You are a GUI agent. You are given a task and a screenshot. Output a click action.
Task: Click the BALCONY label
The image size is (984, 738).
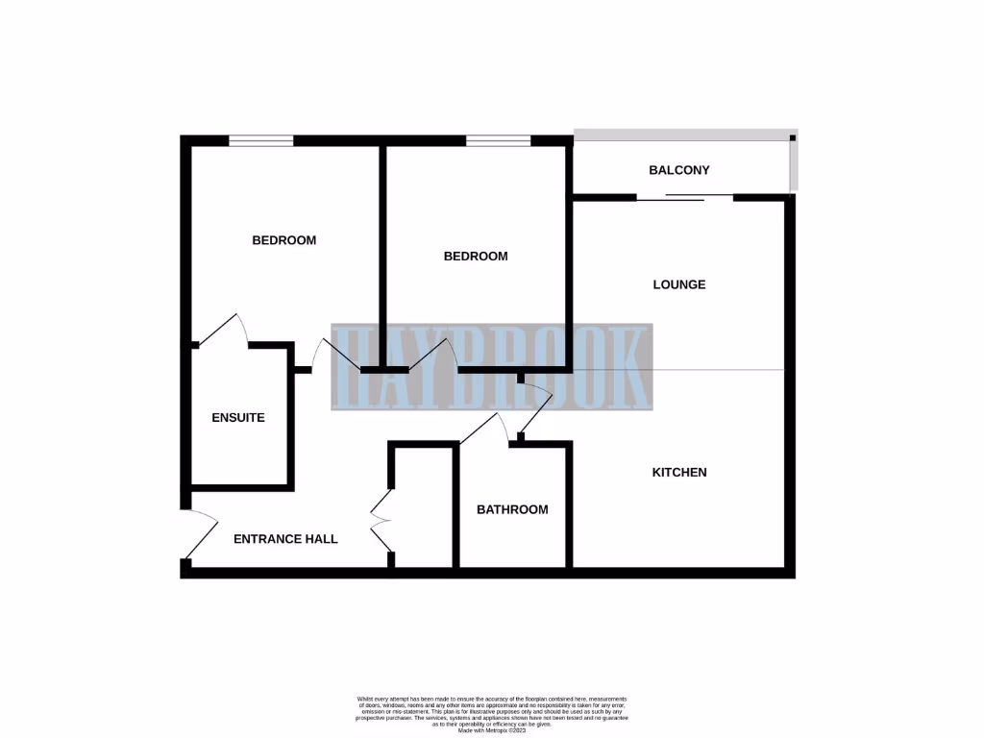pyautogui.click(x=679, y=170)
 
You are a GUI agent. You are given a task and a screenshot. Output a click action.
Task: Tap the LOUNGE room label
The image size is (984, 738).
pyautogui.click(x=679, y=284)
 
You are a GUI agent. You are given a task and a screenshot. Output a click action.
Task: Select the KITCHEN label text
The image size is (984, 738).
pyautogui.click(x=679, y=472)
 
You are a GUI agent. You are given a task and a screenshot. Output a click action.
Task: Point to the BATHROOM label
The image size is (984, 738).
pyautogui.click(x=512, y=509)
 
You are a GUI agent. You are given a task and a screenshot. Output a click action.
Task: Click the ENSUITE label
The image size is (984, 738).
pyautogui.click(x=238, y=418)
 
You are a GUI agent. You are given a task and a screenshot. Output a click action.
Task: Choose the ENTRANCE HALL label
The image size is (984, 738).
pyautogui.click(x=285, y=539)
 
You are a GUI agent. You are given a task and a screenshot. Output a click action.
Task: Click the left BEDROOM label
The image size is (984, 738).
pyautogui.click(x=283, y=240)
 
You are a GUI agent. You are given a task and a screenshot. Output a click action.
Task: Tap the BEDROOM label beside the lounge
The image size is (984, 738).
pyautogui.click(x=476, y=257)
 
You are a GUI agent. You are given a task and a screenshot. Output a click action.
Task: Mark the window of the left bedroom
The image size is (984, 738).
pyautogui.click(x=261, y=141)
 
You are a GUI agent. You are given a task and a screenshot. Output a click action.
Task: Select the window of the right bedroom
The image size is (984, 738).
pyautogui.click(x=499, y=141)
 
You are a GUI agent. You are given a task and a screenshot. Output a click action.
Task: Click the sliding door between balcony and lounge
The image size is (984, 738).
pyautogui.click(x=684, y=198)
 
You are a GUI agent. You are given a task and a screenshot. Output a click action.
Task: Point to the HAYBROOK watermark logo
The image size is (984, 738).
pyautogui.click(x=491, y=367)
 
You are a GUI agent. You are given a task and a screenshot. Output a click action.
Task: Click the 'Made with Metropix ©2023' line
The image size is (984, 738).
pyautogui.click(x=492, y=731)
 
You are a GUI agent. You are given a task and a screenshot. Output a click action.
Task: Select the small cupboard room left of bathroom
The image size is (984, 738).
pyautogui.click(x=423, y=509)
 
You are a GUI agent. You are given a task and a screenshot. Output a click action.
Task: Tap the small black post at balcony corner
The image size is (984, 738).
pyautogui.click(x=793, y=139)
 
